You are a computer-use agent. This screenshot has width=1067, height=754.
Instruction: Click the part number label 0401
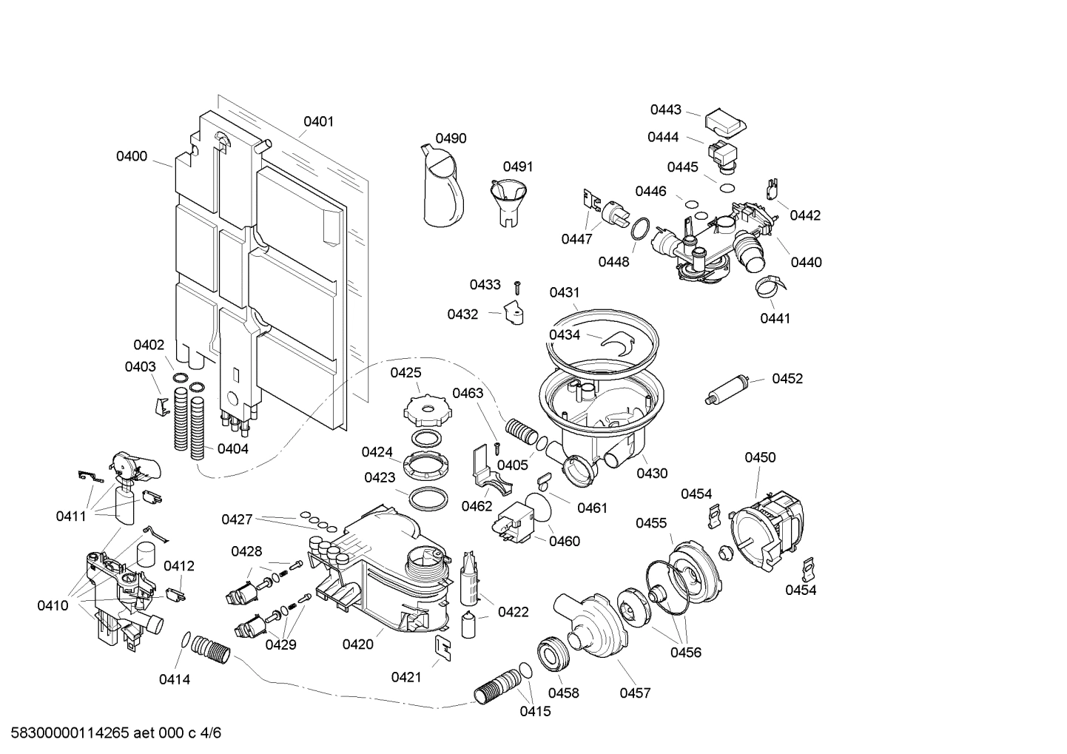click(x=318, y=121)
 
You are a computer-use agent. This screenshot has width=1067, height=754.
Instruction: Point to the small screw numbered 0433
click(x=518, y=285)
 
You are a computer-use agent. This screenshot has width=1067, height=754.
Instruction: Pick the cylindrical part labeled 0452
click(x=727, y=390)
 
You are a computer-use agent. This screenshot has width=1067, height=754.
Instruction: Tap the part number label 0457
click(x=635, y=693)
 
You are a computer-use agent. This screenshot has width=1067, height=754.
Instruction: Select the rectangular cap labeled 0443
click(x=724, y=123)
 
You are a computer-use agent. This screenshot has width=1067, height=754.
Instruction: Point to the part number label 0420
click(x=357, y=644)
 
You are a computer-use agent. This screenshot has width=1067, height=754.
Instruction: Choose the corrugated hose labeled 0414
click(x=211, y=651)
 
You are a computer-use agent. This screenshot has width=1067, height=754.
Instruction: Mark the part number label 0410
click(x=53, y=605)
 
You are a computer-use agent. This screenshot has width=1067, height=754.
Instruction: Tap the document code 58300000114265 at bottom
click(x=112, y=733)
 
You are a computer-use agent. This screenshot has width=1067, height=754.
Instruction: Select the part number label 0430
click(x=652, y=474)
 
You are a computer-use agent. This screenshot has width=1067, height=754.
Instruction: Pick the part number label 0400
click(x=132, y=156)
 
